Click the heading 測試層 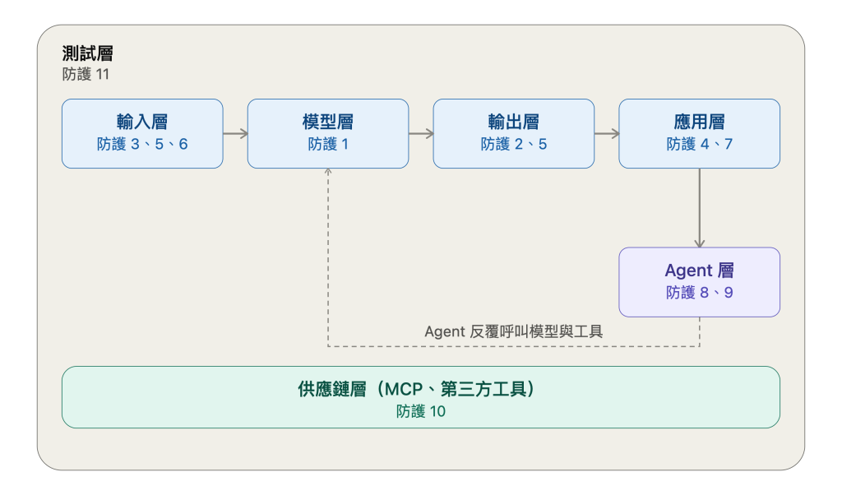[87, 53]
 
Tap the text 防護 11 [86, 74]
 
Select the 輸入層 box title [142, 122]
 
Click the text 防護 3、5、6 [142, 144]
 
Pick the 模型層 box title [328, 122]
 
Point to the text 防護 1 [328, 144]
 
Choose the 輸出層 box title [514, 122]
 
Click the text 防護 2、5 [514, 144]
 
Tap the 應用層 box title [699, 122]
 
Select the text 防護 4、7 [699, 144]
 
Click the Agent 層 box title [699, 270]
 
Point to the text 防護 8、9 [699, 292]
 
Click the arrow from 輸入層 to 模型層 [235, 134]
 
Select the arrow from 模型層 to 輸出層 [421, 134]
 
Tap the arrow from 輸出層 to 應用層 [607, 134]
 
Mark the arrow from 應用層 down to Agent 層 [699, 208]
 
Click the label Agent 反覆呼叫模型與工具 [514, 331]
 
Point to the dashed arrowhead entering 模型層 [328, 171]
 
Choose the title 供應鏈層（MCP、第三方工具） [418, 389]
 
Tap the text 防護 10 [421, 411]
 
